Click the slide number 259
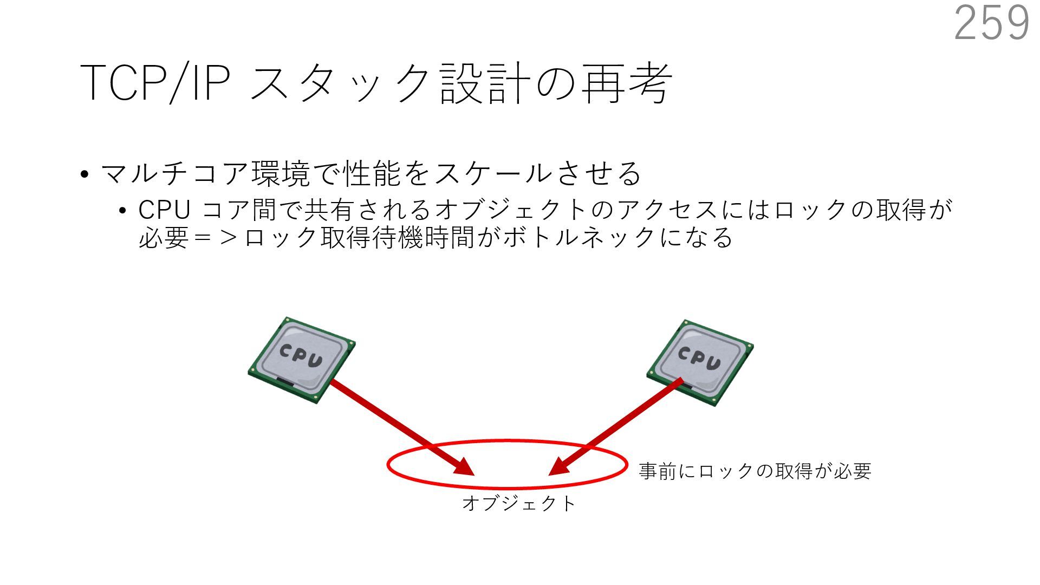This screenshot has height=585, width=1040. click(991, 23)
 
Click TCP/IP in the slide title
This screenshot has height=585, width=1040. click(155, 83)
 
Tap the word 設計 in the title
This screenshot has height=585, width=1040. click(484, 83)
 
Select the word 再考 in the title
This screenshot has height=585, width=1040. click(626, 83)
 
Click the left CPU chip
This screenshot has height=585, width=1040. click(301, 360)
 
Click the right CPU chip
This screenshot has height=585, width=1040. click(700, 362)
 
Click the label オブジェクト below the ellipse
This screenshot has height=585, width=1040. click(518, 503)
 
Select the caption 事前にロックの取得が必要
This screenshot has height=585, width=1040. click(755, 471)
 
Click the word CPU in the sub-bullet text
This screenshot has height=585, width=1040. click(164, 210)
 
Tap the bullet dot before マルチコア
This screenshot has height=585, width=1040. click(84, 175)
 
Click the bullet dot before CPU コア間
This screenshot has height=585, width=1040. click(123, 211)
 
